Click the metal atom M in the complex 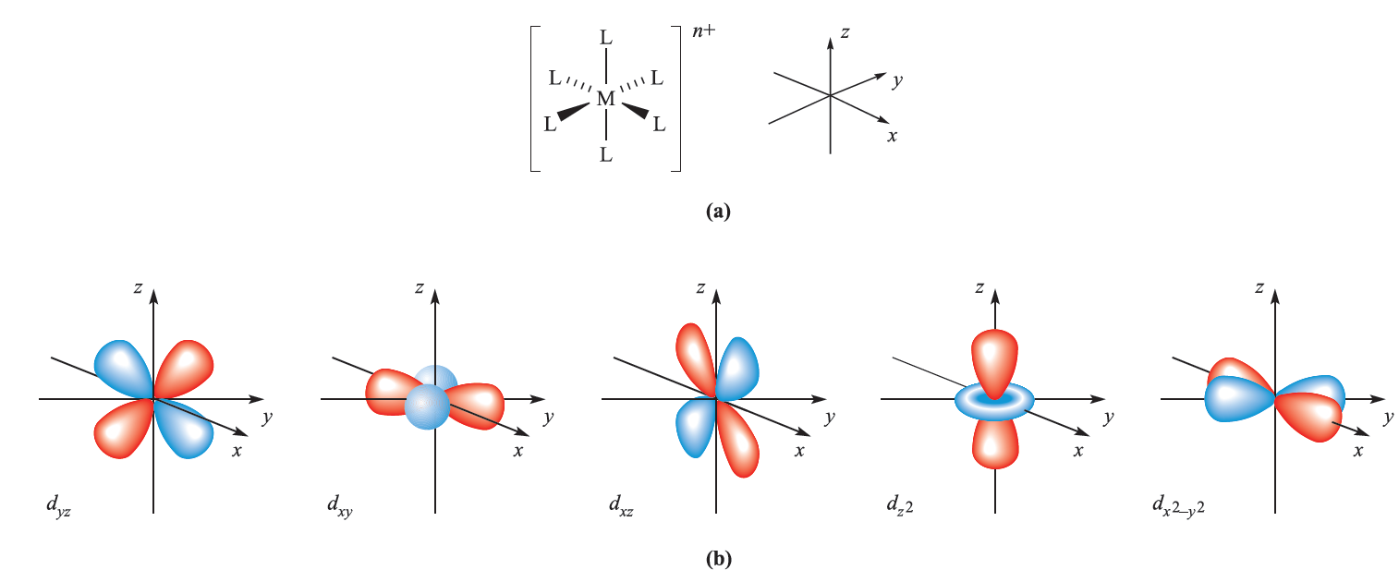coord(605,99)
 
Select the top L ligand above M coord(605,39)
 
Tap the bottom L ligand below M coord(606,154)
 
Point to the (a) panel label coord(717,212)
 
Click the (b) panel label coord(717,558)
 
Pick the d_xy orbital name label coord(339,505)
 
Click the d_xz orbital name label coord(621,505)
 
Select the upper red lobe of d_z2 coord(994,356)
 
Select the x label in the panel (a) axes coord(892,137)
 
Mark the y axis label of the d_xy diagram coord(548,418)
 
